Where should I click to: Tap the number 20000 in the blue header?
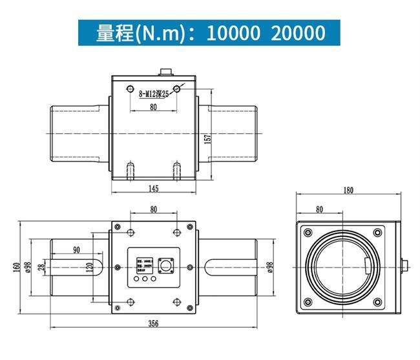[298, 32]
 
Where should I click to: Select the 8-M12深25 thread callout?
[154, 94]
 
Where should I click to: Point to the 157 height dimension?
[208, 139]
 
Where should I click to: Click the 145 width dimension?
[153, 188]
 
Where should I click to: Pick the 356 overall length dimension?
[153, 323]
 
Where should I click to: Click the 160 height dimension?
[16, 267]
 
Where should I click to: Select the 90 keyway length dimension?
[76, 249]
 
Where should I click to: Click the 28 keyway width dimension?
[42, 267]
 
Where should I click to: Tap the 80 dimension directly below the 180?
[319, 209]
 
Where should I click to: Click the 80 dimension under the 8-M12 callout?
[153, 107]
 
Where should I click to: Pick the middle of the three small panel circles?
[145, 280]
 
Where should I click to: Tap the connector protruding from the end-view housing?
[404, 265]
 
